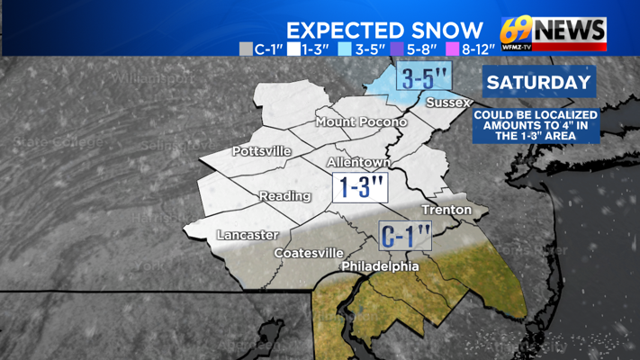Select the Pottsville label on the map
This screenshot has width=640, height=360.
(262, 151)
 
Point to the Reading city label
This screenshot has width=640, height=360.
(284, 196)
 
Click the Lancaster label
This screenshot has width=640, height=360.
(247, 235)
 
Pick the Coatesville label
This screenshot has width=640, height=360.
(309, 253)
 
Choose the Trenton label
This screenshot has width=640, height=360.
(446, 211)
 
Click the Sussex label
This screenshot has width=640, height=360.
(447, 103)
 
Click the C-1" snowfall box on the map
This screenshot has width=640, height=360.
(405, 237)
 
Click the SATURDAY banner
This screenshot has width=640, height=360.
(539, 83)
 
